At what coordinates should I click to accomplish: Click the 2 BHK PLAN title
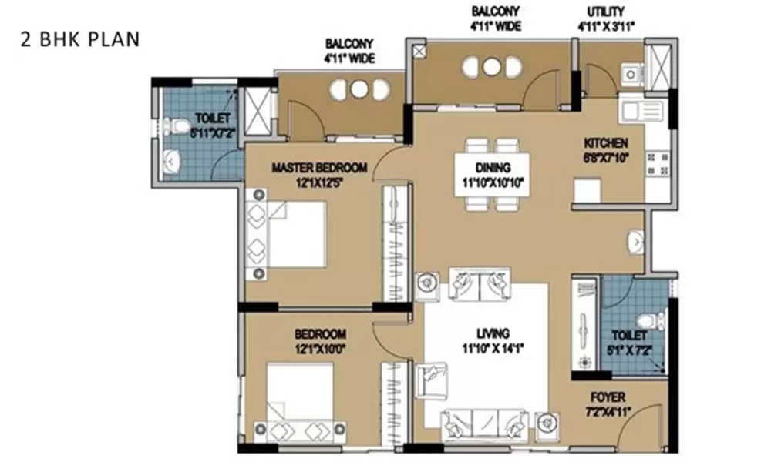(80, 39)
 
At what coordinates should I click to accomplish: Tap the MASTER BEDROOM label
(319, 168)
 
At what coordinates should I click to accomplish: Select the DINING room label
(492, 166)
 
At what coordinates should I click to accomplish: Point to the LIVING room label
(493, 333)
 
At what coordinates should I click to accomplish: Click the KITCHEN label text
(606, 143)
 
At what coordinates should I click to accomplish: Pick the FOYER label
(609, 397)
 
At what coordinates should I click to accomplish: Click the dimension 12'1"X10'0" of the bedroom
(320, 348)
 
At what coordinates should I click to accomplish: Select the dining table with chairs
(492, 174)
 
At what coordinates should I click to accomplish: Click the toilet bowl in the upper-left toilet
(176, 124)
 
